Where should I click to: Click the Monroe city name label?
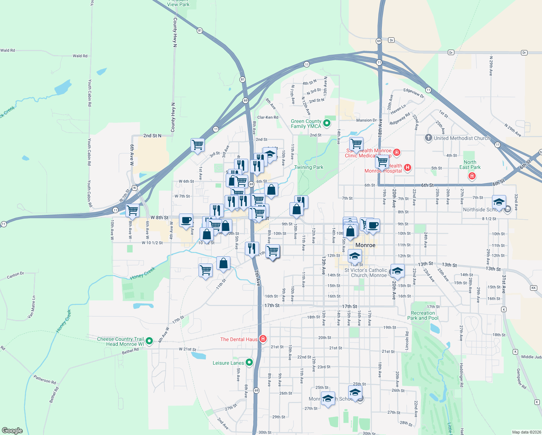tap(365, 245)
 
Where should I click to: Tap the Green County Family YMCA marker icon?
tap(326, 123)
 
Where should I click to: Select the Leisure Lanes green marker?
tap(249, 362)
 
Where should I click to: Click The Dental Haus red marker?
tap(263, 339)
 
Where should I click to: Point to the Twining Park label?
tap(309, 167)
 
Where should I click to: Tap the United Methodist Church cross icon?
tap(428, 138)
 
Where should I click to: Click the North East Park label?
tap(470, 165)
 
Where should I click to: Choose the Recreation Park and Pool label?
tap(423, 315)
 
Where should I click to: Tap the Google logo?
tap(12, 431)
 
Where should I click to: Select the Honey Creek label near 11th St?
tap(142, 273)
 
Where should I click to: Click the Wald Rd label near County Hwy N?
tap(80, 56)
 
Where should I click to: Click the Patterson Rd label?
tap(45, 380)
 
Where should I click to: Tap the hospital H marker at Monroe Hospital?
tap(408, 167)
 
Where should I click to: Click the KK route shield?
tap(533, 288)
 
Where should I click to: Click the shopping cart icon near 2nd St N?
tap(197, 145)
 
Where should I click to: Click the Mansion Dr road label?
tap(366, 120)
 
